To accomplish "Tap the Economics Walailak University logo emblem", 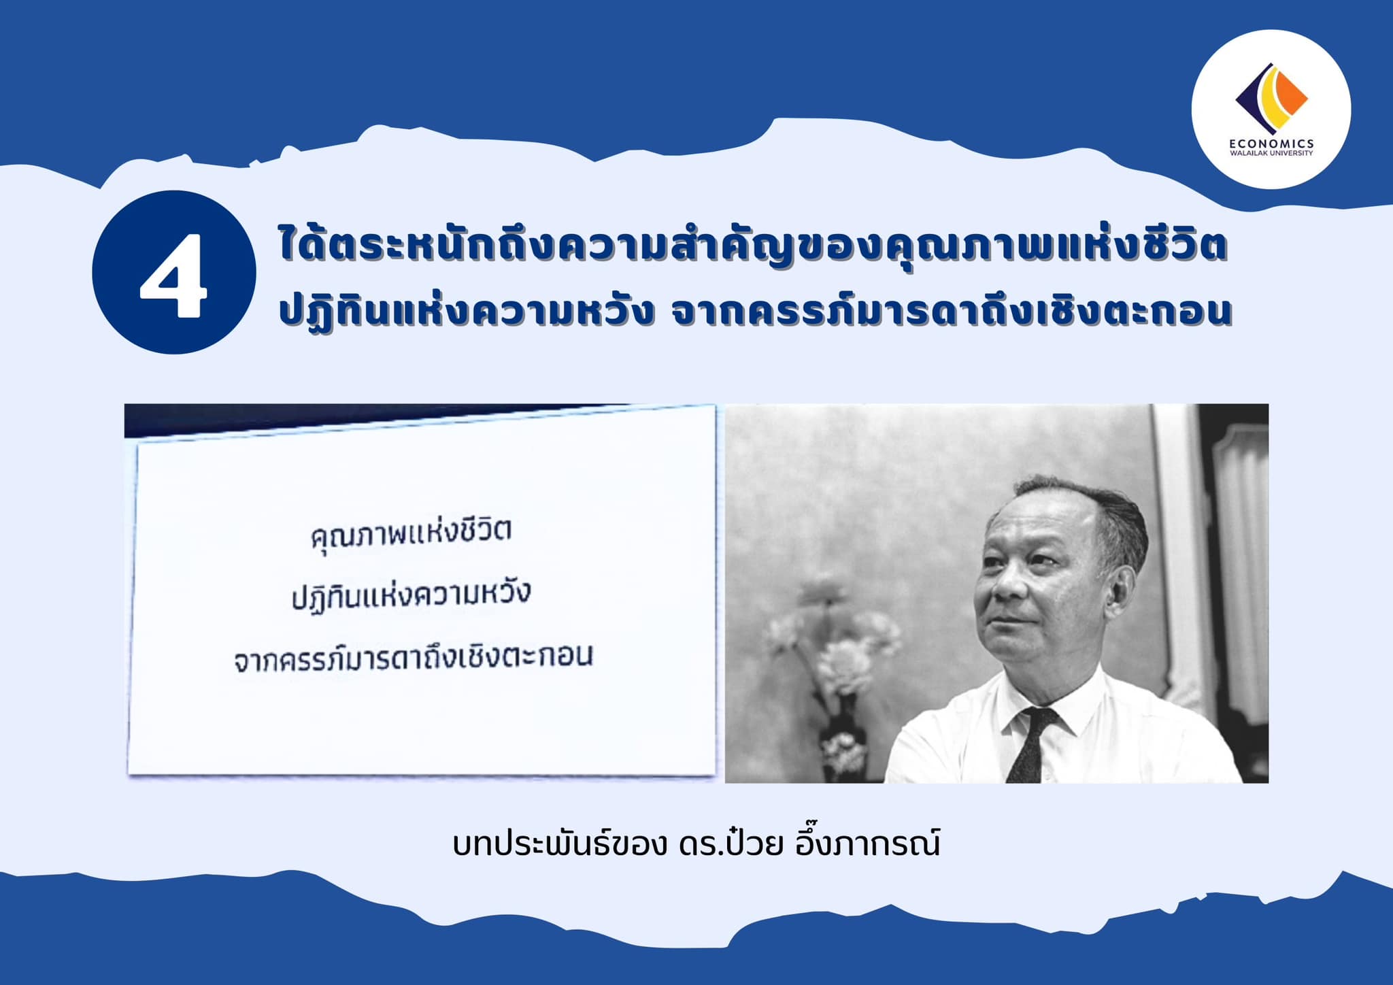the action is click(x=1271, y=99).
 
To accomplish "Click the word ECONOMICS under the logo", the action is click(x=1271, y=144).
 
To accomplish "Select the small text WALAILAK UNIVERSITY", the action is click(x=1271, y=153).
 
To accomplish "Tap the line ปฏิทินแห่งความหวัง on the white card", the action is click(x=411, y=596).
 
